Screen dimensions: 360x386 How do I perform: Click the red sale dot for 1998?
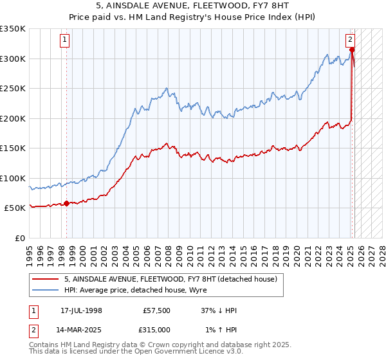67,204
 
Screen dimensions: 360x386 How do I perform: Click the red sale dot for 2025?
352,50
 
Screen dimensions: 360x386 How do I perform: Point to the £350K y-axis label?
13,29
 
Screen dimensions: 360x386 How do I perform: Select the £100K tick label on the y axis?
13,178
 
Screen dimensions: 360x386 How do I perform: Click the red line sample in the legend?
45,279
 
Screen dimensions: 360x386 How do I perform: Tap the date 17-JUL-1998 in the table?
77,310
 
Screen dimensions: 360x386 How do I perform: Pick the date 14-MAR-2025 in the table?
78,329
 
